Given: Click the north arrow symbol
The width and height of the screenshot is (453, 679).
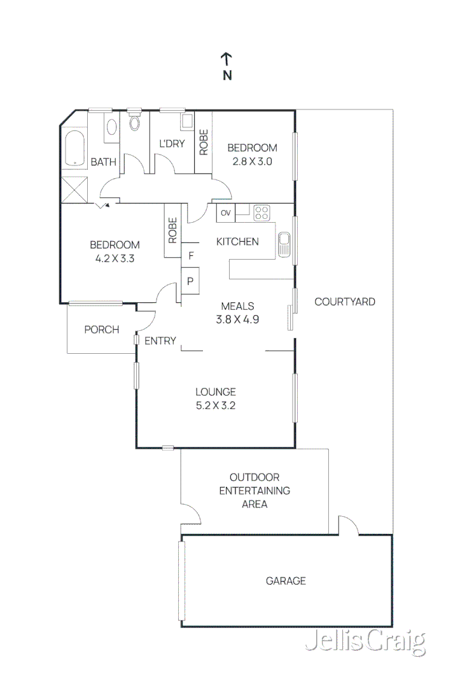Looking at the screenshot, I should tap(226, 60).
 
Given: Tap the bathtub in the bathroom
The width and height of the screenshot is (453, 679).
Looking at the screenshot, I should tap(75, 148).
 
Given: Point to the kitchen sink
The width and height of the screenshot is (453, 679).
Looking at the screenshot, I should tap(284, 244).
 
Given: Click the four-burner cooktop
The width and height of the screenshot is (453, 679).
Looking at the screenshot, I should tap(261, 212).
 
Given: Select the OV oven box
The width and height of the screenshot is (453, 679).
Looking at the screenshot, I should tap(226, 213).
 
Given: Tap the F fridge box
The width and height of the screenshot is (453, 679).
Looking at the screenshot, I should tap(191, 256).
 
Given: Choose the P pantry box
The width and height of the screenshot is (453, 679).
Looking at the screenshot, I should tap(190, 281).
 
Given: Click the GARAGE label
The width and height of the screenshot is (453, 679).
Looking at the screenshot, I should tap(286, 580).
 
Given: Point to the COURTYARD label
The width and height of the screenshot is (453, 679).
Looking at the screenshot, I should tap(344, 302).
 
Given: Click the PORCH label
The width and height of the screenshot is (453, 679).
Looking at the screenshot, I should tap(101, 330).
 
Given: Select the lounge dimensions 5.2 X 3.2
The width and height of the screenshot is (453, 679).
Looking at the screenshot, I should tap(216, 405).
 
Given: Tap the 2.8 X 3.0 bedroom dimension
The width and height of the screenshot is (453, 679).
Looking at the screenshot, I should tap(253, 162).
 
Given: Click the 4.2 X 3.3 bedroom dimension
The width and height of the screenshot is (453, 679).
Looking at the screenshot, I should tap(115, 258).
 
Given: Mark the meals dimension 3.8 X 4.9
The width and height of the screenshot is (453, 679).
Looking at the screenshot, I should tap(237, 319).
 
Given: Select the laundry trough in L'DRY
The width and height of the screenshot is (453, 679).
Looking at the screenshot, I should tap(187, 121).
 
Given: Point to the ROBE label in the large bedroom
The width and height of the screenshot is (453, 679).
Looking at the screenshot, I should tap(172, 231).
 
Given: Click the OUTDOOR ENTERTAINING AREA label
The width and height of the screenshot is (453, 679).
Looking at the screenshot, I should tap(254, 491).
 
